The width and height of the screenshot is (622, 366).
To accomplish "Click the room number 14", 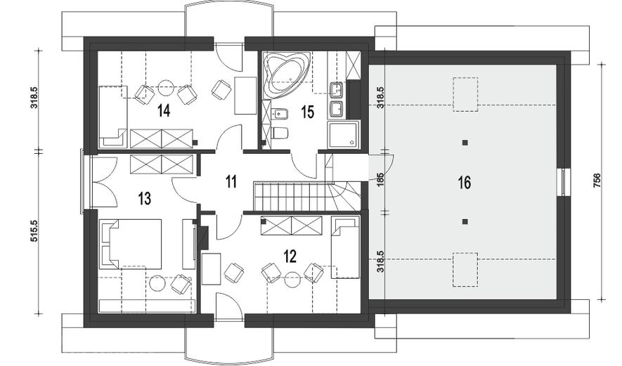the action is click(x=164, y=110).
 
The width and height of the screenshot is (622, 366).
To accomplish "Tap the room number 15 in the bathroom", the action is click(x=307, y=112).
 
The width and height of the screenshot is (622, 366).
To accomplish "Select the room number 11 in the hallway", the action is click(x=231, y=182).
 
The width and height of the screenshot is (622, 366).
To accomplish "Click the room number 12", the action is click(x=290, y=256).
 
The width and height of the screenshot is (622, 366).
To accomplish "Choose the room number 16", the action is click(x=464, y=183).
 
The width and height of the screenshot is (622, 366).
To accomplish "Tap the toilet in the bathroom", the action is click(x=280, y=133).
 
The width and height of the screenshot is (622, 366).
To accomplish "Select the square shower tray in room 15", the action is click(x=344, y=135).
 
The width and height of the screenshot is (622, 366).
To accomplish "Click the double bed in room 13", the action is click(x=131, y=244).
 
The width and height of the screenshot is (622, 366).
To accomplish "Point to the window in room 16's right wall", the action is click(x=564, y=183).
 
